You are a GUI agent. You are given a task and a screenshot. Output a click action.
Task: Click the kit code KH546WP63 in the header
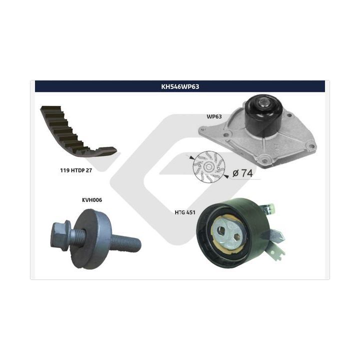click(180, 86)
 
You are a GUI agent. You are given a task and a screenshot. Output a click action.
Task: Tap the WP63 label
click(214, 116)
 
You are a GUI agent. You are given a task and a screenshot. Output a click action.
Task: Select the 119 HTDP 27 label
click(76, 170)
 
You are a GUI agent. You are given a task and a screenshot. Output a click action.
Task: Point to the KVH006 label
click(92, 200)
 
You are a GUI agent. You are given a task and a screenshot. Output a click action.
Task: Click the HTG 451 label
click(185, 212)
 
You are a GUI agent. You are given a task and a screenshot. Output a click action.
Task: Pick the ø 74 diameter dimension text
click(242, 173)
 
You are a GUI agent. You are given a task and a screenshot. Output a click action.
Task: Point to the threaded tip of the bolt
click(135, 244)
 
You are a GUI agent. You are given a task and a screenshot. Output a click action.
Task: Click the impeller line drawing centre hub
click(208, 167)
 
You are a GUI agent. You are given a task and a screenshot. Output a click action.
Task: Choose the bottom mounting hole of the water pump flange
click(264, 160)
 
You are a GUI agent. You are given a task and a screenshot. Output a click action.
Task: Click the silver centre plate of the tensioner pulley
click(229, 233)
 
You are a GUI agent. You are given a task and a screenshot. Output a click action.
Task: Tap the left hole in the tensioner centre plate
click(221, 230)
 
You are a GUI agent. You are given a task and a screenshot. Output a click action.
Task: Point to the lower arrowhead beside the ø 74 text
click(226, 176)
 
